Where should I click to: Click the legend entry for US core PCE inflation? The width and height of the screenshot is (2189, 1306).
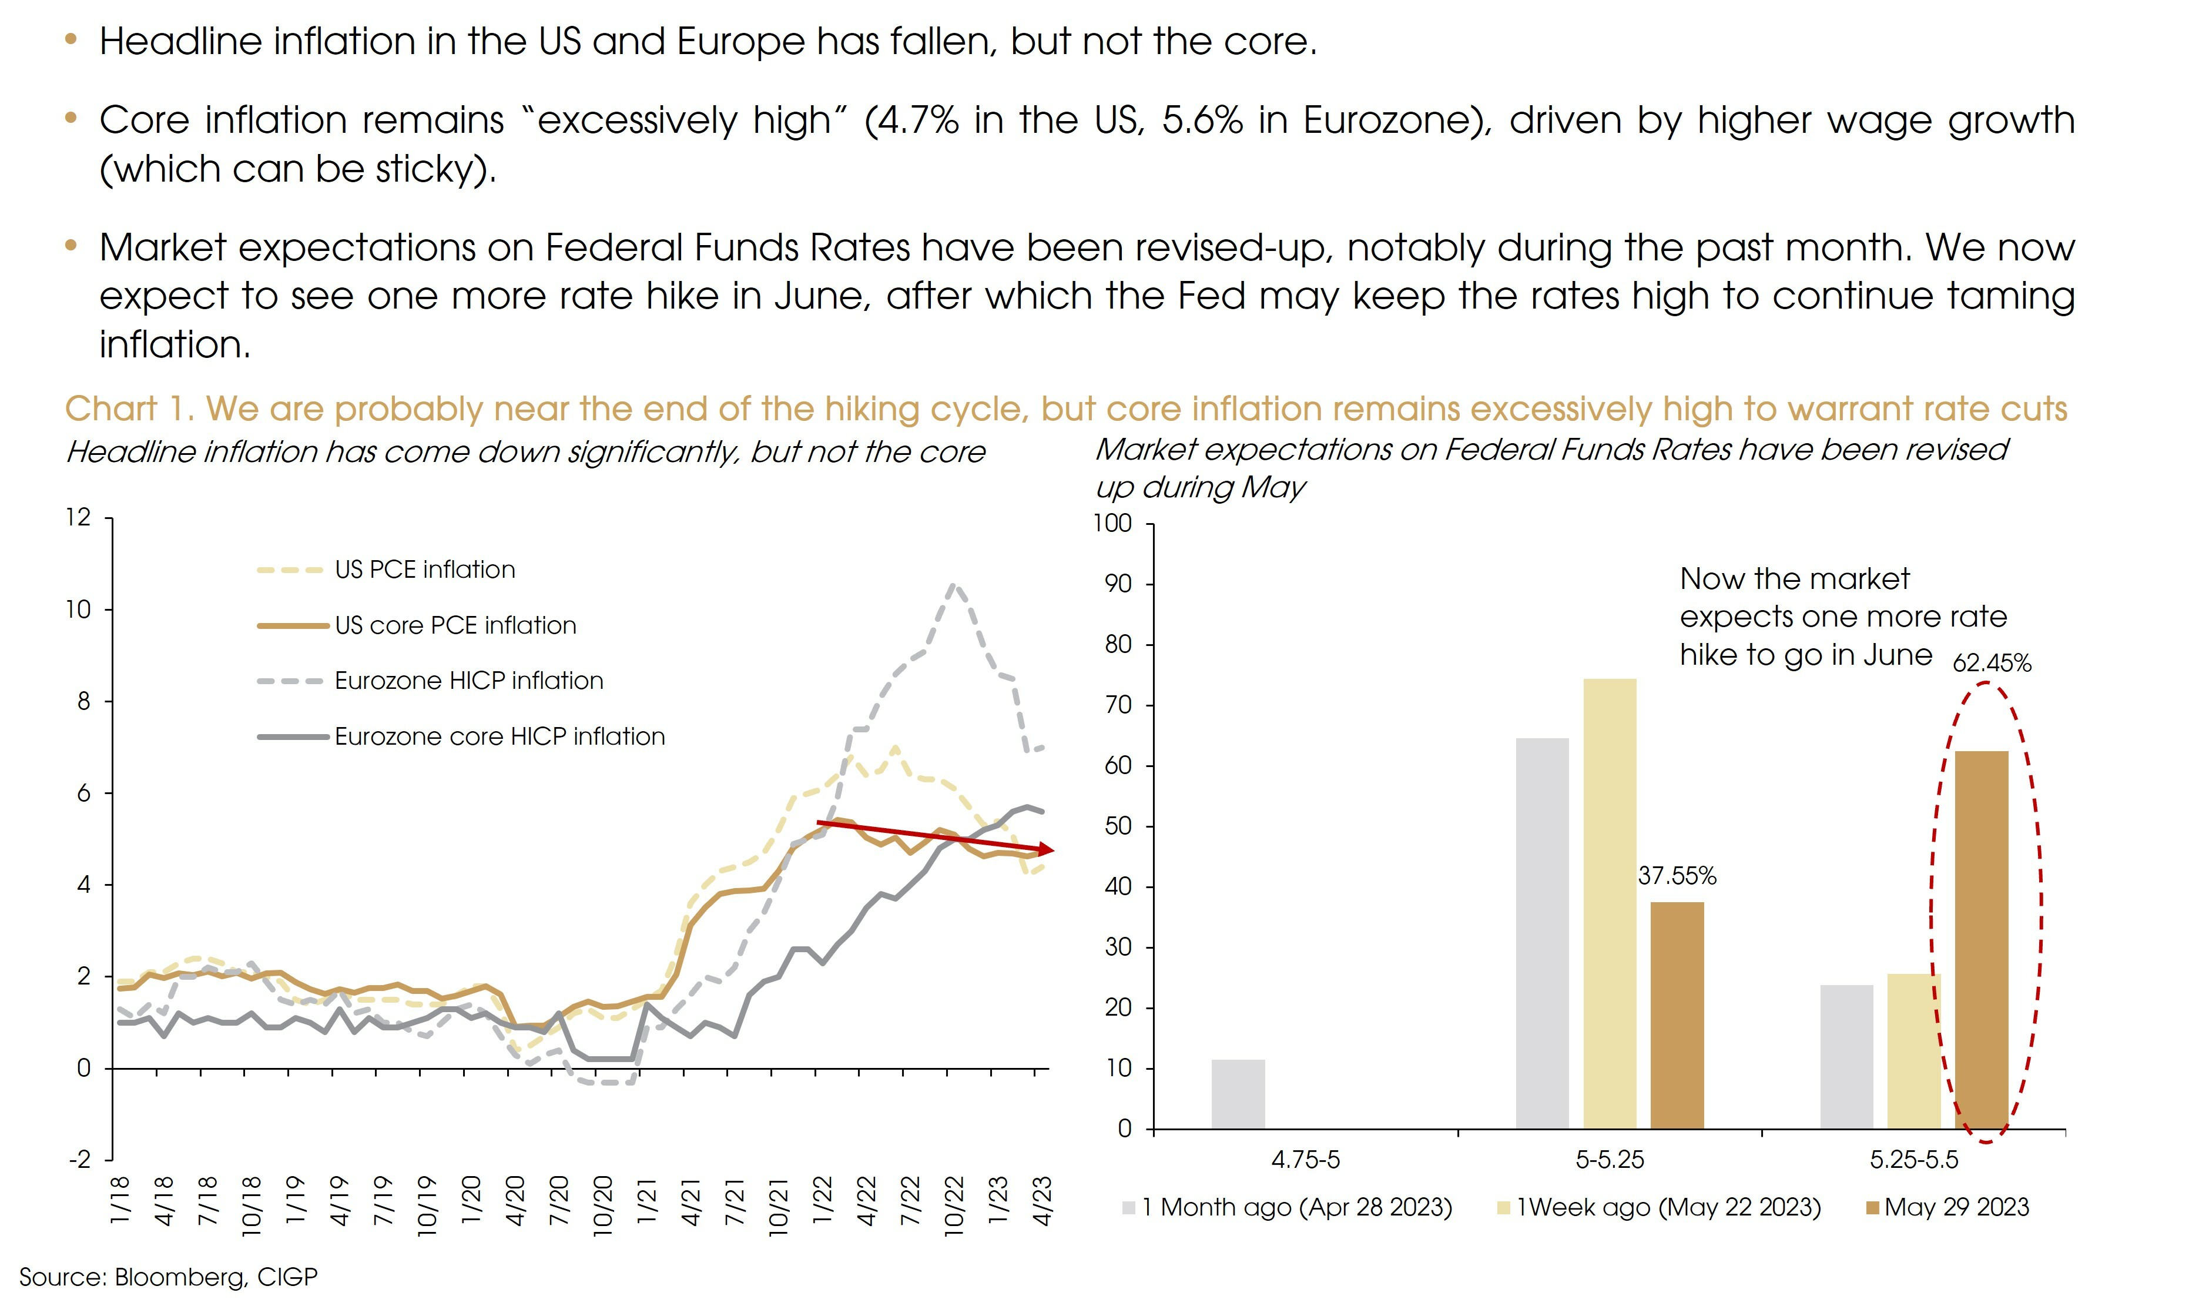pos(455,626)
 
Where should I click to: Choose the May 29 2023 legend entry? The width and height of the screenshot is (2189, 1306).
pos(1956,1207)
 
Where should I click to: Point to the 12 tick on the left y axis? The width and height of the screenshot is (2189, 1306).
pos(78,517)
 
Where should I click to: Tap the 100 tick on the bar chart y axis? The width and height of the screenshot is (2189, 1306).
pos(1112,524)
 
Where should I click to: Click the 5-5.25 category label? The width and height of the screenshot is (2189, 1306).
pos(1609,1160)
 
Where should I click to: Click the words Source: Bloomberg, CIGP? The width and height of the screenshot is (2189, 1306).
pos(168,1277)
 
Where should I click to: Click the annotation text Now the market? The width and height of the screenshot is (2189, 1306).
pos(1794,579)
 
